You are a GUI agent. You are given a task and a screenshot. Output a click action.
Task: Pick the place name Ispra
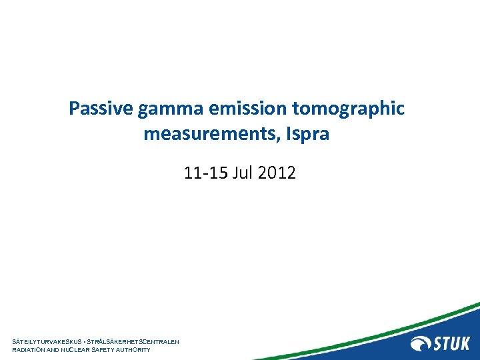(307, 135)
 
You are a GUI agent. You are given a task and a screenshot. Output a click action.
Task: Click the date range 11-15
(205, 174)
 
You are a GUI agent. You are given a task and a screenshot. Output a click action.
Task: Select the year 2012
(276, 174)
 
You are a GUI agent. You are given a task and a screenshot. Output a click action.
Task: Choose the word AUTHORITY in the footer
(137, 350)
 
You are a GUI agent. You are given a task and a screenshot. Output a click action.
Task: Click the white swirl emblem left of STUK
(421, 344)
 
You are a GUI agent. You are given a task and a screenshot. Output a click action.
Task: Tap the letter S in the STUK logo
(439, 344)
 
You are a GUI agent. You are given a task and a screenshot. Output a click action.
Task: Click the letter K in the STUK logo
(464, 344)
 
